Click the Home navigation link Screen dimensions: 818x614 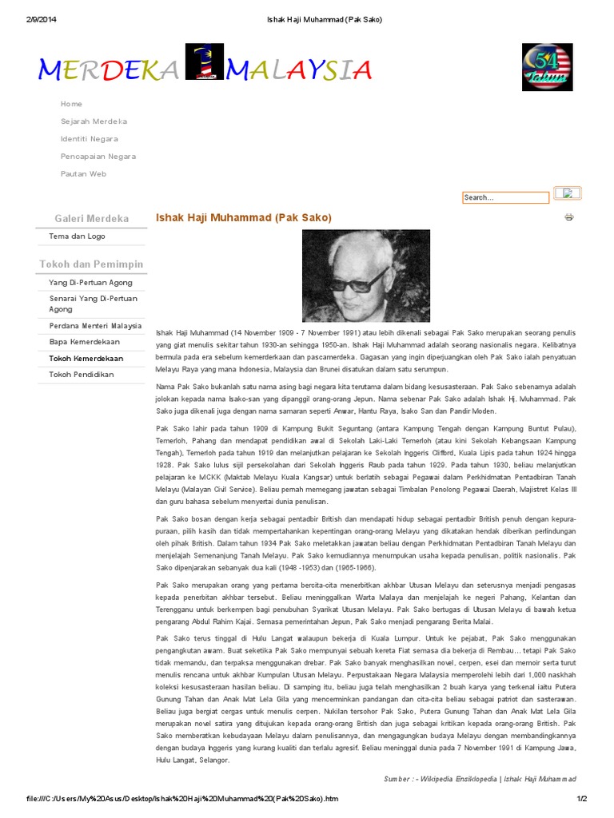point(71,104)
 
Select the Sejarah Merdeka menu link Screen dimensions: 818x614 point(94,121)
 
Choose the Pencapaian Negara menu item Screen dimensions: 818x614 point(98,157)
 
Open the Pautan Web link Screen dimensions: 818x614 point(83,174)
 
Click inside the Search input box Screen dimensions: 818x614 point(504,197)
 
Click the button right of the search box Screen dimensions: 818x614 point(568,193)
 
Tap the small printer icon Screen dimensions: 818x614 point(569,217)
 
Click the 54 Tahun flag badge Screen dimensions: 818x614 point(548,68)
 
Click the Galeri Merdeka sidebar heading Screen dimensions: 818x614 point(91,218)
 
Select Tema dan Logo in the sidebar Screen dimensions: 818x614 point(77,236)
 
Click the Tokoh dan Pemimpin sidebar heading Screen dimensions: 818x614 point(91,264)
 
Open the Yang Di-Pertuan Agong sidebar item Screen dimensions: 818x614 point(90,283)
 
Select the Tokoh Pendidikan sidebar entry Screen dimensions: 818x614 point(82,375)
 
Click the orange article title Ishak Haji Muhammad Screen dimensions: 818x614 point(243,217)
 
